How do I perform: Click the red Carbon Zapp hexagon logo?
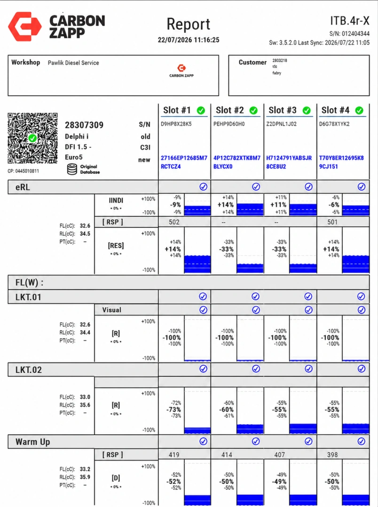24,26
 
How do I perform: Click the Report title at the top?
188,24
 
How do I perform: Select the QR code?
33,138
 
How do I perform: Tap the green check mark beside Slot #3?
307,111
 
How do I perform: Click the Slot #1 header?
177,110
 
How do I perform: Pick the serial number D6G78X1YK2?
334,124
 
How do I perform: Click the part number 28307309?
84,125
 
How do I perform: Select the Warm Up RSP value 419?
174,454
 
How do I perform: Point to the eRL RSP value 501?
332,222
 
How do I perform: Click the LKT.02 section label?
29,370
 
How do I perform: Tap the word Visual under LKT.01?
112,310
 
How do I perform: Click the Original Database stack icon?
72,169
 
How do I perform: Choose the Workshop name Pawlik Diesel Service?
73,63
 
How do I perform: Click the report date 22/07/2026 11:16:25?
189,40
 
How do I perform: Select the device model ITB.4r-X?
350,21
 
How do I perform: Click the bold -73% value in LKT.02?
173,410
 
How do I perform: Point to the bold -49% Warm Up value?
279,482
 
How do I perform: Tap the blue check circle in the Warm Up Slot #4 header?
362,441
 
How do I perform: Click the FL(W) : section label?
30,283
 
